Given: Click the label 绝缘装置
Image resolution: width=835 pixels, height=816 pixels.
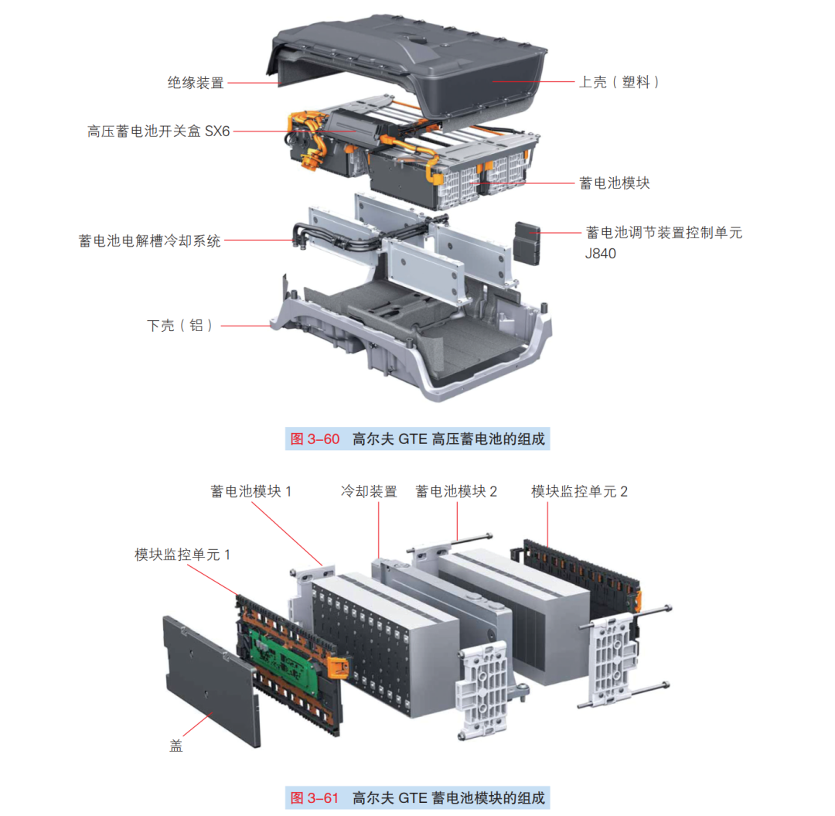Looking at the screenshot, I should tap(196, 83).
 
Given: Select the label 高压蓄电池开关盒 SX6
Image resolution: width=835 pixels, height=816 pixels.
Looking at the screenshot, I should tap(158, 131).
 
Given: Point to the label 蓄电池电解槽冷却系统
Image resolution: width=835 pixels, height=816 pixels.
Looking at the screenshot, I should tap(149, 241).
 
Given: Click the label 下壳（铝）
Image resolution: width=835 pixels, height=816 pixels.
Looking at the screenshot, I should tap(179, 326).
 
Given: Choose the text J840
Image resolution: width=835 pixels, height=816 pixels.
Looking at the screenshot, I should tap(601, 253).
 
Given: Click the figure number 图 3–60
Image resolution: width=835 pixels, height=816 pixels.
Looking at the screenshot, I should tap(315, 439).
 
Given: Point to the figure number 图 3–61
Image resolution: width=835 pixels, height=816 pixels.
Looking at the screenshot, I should tap(315, 797).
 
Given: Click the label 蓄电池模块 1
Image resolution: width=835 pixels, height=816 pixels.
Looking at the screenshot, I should tap(251, 491).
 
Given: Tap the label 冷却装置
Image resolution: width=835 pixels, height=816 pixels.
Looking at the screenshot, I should tap(369, 491).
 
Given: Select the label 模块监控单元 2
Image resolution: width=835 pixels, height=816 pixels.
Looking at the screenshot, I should tap(579, 491).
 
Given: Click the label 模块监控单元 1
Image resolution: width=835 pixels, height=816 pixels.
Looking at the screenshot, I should tap(182, 555).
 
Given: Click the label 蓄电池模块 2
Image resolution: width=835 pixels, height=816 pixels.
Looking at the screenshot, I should tap(456, 491).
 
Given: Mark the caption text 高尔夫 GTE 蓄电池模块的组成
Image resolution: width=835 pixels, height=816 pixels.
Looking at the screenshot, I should tap(448, 797).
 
